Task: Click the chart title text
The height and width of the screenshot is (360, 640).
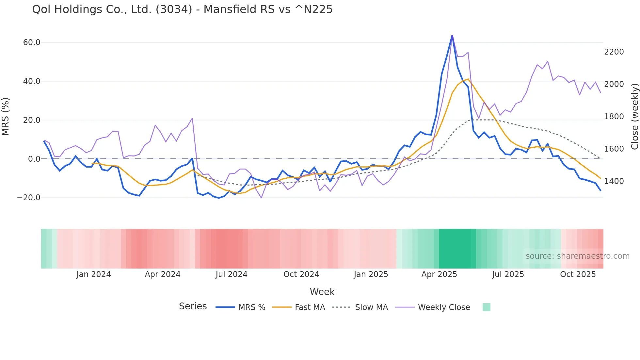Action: (182, 9)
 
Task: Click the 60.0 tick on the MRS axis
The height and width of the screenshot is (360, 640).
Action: (32, 42)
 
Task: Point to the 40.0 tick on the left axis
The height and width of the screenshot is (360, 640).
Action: (32, 81)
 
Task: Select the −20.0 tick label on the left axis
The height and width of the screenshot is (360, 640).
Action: (29, 198)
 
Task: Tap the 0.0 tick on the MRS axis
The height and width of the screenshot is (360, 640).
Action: (34, 159)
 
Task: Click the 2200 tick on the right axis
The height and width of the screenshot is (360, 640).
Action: (614, 52)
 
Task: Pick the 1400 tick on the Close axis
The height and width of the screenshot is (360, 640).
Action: (614, 181)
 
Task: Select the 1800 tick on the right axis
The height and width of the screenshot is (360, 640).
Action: (614, 117)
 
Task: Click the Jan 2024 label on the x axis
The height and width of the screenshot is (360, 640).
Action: (94, 274)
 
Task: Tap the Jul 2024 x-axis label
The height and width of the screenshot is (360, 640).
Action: (232, 274)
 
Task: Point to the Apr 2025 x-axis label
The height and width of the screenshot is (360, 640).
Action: (439, 274)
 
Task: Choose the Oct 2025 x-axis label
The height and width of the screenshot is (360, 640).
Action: (578, 274)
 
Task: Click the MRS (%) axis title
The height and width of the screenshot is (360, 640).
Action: (6, 116)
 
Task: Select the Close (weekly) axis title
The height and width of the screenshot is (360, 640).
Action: (634, 116)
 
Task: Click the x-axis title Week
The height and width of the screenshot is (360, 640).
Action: (322, 292)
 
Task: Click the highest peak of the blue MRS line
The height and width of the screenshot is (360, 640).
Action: (452, 35)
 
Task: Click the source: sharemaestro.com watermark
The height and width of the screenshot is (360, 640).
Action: (577, 256)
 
